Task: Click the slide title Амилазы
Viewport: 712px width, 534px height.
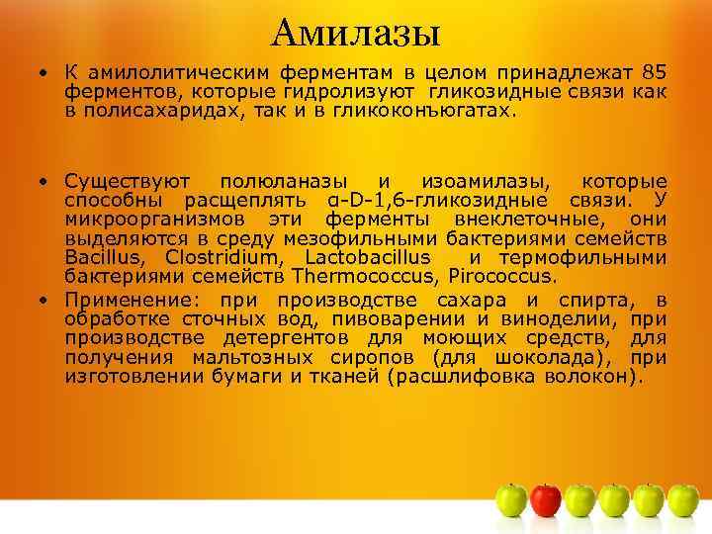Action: [x=355, y=34]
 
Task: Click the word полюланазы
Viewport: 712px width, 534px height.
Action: [x=283, y=182]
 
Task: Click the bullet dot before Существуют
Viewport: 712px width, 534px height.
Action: [x=45, y=182]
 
